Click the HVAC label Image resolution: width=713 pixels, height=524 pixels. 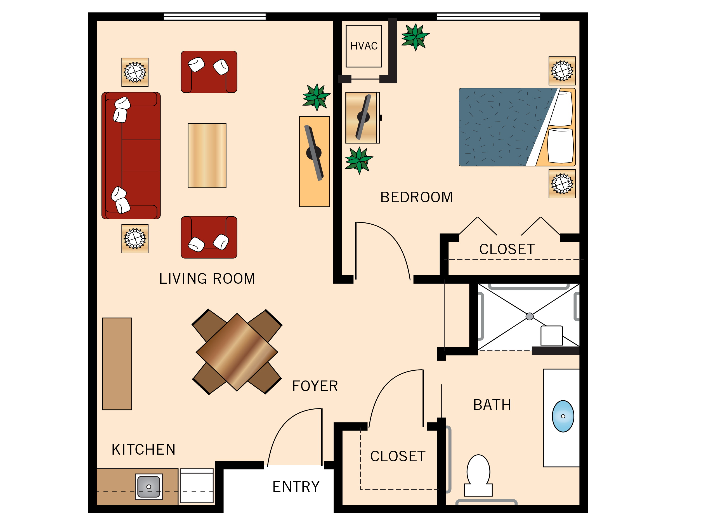tap(364, 46)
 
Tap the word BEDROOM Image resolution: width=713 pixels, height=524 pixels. tap(416, 197)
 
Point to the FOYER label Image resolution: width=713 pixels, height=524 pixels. tap(315, 386)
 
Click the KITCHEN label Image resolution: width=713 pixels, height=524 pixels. tap(143, 450)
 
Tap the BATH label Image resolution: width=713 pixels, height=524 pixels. tap(492, 405)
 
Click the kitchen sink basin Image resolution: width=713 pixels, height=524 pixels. tap(149, 486)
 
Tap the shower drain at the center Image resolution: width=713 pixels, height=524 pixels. tap(530, 316)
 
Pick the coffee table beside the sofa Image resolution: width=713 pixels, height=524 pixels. tap(207, 156)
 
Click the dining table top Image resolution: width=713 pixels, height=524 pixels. tap(237, 352)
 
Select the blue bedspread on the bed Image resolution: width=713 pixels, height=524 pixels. tap(501, 127)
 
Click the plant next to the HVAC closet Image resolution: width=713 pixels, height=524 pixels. tap(415, 37)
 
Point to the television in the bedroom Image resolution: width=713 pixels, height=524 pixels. tap(363, 117)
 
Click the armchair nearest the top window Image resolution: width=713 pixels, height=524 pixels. tap(209, 72)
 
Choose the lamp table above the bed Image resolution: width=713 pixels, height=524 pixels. tap(562, 71)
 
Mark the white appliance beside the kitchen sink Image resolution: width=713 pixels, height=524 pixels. tap(197, 486)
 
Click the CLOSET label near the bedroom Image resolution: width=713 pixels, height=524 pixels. tap(507, 249)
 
